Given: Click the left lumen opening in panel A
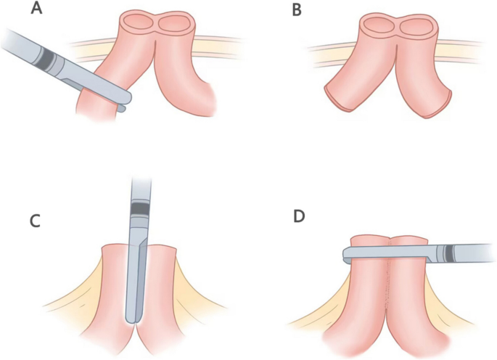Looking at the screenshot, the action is coord(137,24).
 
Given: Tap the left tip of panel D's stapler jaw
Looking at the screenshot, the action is coord(347,254).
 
